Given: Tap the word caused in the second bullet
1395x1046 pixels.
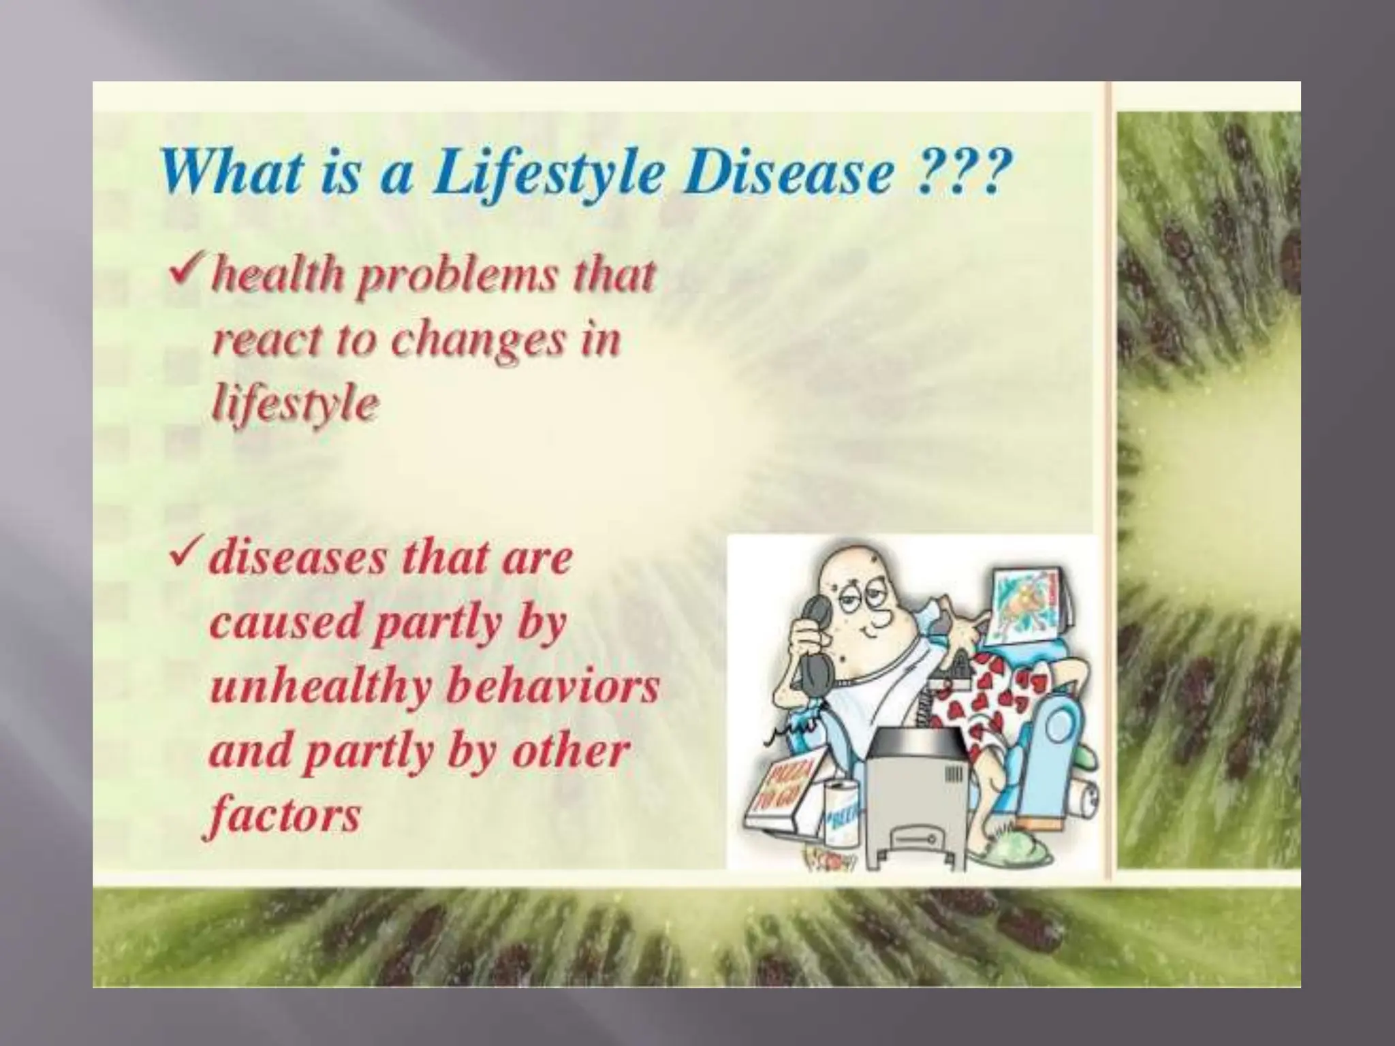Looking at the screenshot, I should [x=283, y=622].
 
